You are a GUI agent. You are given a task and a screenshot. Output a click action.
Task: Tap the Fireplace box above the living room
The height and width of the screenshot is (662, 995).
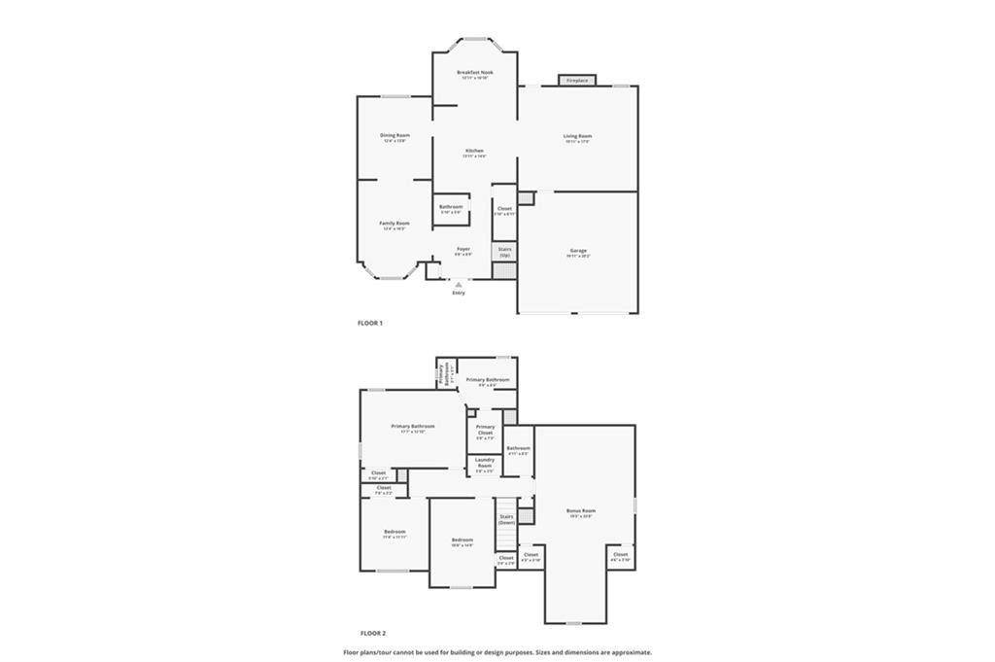point(577,81)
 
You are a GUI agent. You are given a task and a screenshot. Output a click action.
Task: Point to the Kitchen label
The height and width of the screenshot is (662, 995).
point(474,151)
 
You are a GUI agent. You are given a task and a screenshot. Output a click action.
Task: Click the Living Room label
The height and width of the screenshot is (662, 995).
point(577,136)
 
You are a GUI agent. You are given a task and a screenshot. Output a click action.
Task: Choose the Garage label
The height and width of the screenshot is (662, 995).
point(577,251)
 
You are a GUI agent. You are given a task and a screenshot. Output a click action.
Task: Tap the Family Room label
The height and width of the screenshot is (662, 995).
point(395,224)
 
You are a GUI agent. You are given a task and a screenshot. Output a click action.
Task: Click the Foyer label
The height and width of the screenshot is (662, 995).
point(463,249)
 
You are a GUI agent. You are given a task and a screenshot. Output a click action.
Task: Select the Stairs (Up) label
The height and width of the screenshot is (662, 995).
point(504,251)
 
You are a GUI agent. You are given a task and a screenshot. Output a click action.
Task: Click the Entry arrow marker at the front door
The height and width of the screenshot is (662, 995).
point(459,284)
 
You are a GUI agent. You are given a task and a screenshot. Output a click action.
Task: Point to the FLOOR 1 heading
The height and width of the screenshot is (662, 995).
point(370,323)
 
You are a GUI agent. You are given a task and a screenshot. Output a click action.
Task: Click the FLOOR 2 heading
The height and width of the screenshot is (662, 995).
point(372,633)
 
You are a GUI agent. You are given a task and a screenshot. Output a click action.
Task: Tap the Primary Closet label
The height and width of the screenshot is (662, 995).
point(485,429)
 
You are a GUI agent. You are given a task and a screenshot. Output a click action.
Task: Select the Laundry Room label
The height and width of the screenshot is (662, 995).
point(484,463)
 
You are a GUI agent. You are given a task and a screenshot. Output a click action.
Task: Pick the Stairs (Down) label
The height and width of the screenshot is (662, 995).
point(506,519)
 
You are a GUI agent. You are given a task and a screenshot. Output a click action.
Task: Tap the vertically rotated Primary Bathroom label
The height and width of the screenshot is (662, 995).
point(441,375)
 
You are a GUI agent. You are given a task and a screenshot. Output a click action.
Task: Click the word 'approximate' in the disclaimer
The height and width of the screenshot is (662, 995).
point(631,652)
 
